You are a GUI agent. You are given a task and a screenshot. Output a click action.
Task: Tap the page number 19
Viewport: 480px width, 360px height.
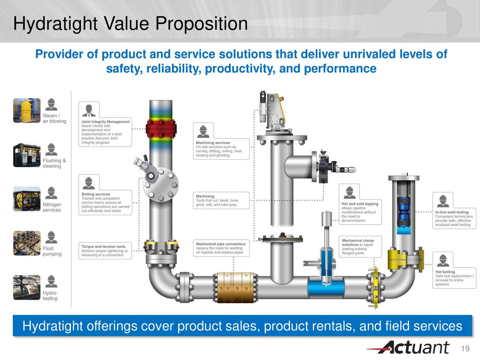pyautogui.click(x=465, y=349)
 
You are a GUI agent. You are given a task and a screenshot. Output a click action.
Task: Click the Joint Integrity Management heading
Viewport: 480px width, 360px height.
pyautogui.click(x=105, y=122)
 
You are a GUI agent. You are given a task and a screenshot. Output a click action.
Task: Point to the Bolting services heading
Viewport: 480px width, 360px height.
pyautogui.click(x=96, y=194)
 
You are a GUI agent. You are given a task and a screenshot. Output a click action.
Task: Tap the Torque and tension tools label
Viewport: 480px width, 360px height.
pyautogui.click(x=103, y=247)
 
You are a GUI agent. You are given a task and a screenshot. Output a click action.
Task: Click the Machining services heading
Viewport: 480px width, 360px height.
pyautogui.click(x=213, y=143)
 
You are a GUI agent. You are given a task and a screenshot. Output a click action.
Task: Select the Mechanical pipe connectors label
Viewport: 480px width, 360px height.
pyautogui.click(x=220, y=244)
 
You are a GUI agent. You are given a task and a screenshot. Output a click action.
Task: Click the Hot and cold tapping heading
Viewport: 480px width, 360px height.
pyautogui.click(x=360, y=204)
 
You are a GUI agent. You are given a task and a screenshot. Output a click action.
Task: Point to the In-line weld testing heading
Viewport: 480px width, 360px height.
pyautogui.click(x=452, y=212)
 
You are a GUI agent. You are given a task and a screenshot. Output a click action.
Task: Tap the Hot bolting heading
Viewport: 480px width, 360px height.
pyautogui.click(x=445, y=272)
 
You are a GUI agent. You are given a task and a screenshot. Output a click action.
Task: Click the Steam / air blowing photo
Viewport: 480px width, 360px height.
pyautogui.click(x=27, y=110)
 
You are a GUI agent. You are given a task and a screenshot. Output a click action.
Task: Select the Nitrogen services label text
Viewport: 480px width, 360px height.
pyautogui.click(x=52, y=207)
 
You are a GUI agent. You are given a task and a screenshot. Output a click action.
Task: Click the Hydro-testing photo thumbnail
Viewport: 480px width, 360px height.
pyautogui.click(x=27, y=287)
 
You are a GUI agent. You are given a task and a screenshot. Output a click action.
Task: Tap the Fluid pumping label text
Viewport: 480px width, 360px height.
pyautogui.click(x=52, y=251)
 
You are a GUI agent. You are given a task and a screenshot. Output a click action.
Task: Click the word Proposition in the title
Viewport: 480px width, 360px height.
pyautogui.click(x=201, y=24)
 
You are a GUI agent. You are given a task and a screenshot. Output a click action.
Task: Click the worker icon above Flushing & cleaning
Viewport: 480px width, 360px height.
pyautogui.click(x=51, y=149)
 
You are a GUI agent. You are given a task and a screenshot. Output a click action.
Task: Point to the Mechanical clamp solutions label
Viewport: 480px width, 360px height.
pyautogui.click(x=357, y=242)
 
